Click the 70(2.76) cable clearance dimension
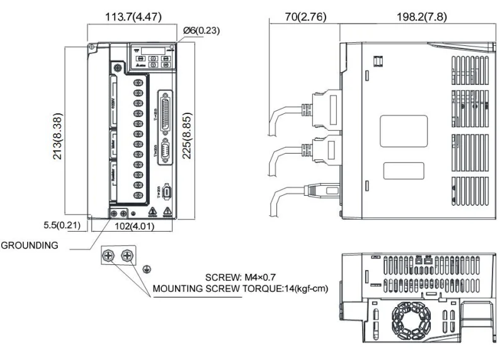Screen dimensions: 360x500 point(303,17)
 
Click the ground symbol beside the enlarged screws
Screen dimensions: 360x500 point(146,268)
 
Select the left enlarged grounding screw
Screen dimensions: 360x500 point(109,256)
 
